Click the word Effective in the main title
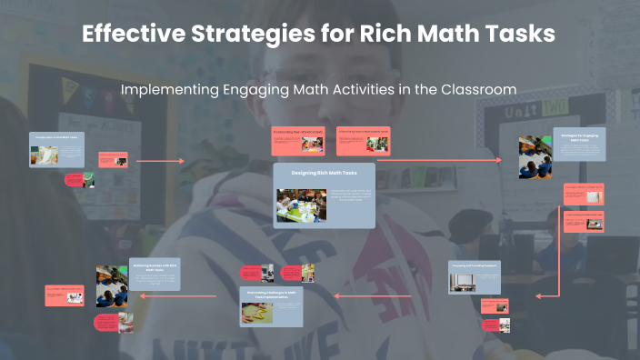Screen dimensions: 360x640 click(x=129, y=35)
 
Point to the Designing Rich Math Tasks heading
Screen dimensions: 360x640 click(x=324, y=172)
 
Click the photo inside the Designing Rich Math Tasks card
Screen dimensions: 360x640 click(x=296, y=205)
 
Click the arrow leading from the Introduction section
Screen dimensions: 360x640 click(x=159, y=161)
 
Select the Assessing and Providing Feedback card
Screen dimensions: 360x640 click(x=475, y=277)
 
